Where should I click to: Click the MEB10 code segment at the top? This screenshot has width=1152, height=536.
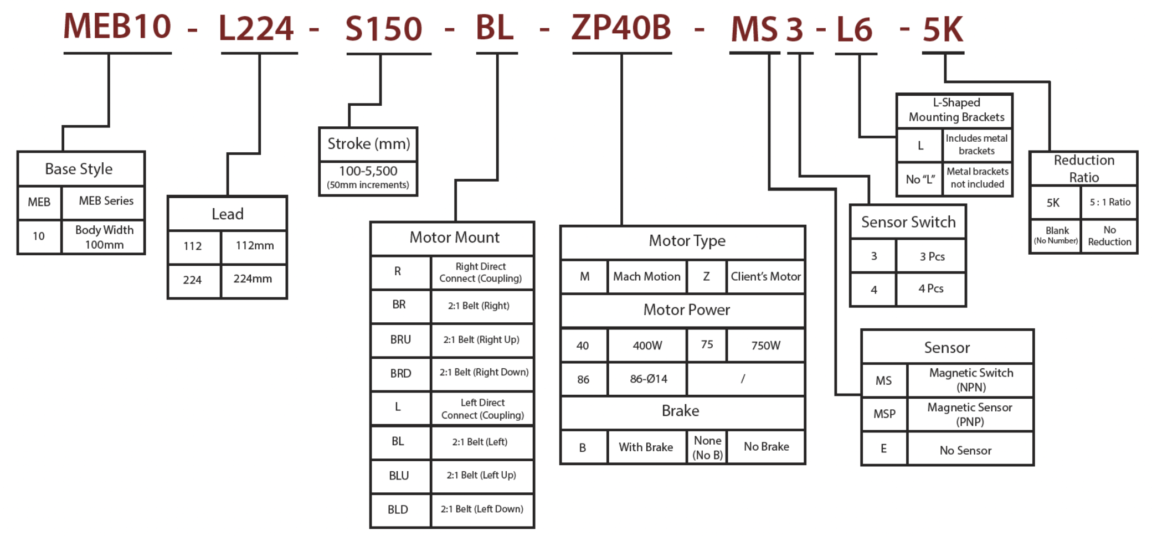tap(117, 27)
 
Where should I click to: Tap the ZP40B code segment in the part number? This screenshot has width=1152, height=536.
tap(621, 28)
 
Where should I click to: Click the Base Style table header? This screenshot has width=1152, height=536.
tap(79, 169)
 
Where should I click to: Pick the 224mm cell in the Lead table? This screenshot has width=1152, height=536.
tap(253, 279)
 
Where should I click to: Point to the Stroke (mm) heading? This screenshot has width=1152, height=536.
tap(368, 144)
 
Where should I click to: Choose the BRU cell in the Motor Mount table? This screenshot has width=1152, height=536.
tap(400, 339)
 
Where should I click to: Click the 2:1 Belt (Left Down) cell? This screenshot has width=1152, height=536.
tap(482, 509)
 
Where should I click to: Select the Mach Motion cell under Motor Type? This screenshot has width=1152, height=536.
tap(646, 276)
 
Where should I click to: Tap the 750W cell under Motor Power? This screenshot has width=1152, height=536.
tap(765, 346)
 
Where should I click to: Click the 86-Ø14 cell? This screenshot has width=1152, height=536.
tap(648, 379)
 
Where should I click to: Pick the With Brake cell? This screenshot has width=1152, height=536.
tap(645, 447)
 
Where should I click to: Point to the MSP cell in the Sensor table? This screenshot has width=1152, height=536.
tap(884, 414)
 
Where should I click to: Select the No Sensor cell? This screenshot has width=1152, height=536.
tap(965, 450)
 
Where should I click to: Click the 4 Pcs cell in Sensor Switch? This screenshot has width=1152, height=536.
tap(930, 288)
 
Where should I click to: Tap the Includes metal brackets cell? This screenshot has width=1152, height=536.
tap(976, 145)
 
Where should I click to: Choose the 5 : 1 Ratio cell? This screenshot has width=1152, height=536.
tap(1109, 202)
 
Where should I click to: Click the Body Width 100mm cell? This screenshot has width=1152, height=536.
tap(104, 237)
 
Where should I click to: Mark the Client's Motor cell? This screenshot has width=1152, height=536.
tap(765, 276)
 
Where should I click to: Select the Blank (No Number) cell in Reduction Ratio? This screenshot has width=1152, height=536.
tap(1056, 235)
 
